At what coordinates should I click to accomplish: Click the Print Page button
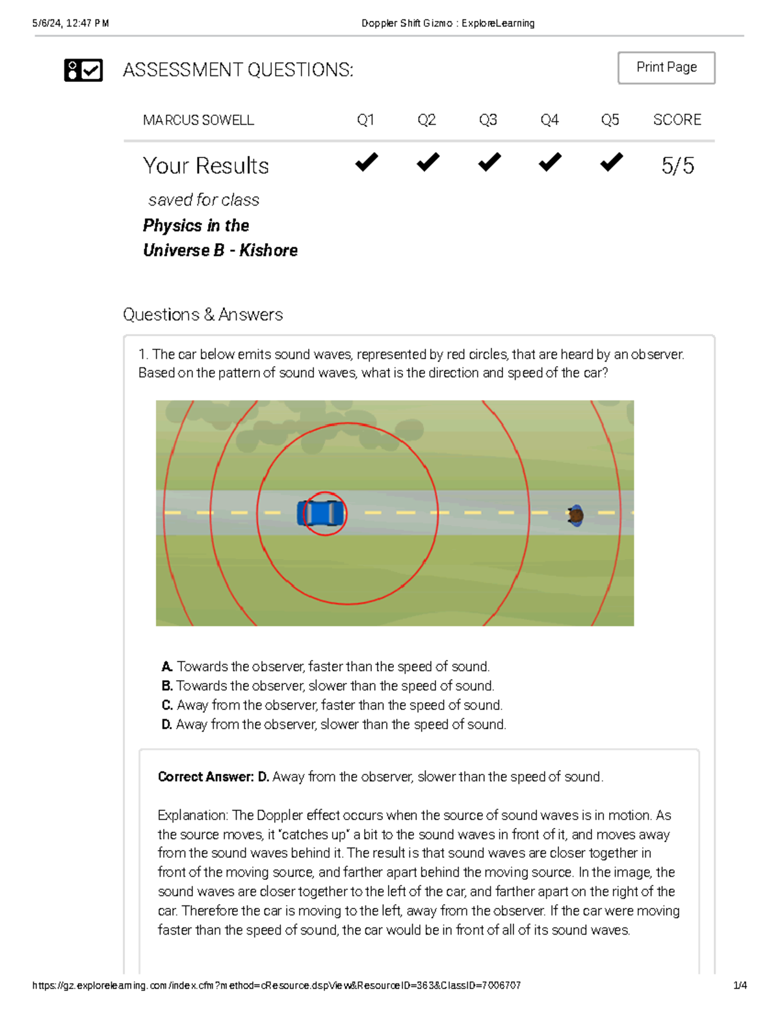point(666,68)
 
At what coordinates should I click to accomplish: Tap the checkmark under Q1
point(367,162)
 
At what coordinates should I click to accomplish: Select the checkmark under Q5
point(611,162)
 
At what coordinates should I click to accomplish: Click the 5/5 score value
point(677,166)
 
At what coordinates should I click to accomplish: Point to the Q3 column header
point(487,120)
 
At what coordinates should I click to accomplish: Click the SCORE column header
point(677,120)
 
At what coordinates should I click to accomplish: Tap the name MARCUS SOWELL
point(198,120)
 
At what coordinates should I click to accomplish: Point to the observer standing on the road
point(575,516)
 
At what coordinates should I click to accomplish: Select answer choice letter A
point(167,667)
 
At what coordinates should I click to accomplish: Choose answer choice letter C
point(167,705)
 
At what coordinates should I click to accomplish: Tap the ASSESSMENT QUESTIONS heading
point(238,70)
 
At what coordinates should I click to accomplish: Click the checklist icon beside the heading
point(83,70)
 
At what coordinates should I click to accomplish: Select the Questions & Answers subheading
point(203,315)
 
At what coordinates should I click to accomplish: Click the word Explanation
point(192,816)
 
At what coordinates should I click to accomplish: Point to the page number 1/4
point(740,985)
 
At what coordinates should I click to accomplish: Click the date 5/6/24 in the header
point(47,23)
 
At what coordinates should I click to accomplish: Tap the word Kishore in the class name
point(268,250)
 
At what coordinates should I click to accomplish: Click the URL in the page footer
point(276,985)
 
